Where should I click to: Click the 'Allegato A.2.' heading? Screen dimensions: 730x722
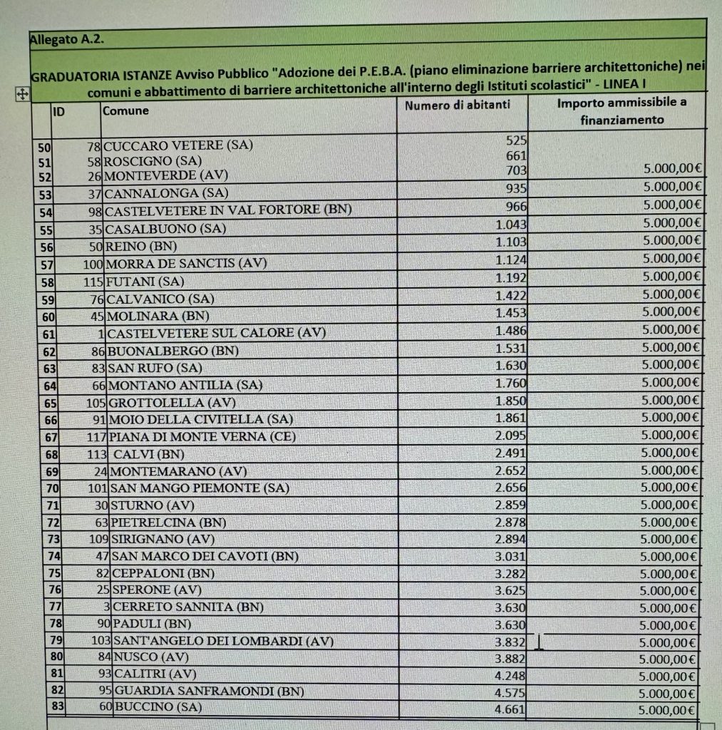[x=67, y=40]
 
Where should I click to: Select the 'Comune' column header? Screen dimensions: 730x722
[x=125, y=110]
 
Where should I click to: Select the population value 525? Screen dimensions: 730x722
[x=515, y=141]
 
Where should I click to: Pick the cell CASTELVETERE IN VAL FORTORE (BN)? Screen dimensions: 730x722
[x=229, y=210]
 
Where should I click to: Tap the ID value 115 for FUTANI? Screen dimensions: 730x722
[x=93, y=281]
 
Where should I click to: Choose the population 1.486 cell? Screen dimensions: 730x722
[x=510, y=330]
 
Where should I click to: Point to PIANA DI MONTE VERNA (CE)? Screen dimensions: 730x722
[x=202, y=437]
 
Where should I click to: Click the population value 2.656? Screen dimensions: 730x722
[x=510, y=487]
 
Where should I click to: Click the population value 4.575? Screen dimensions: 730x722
[x=510, y=691]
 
